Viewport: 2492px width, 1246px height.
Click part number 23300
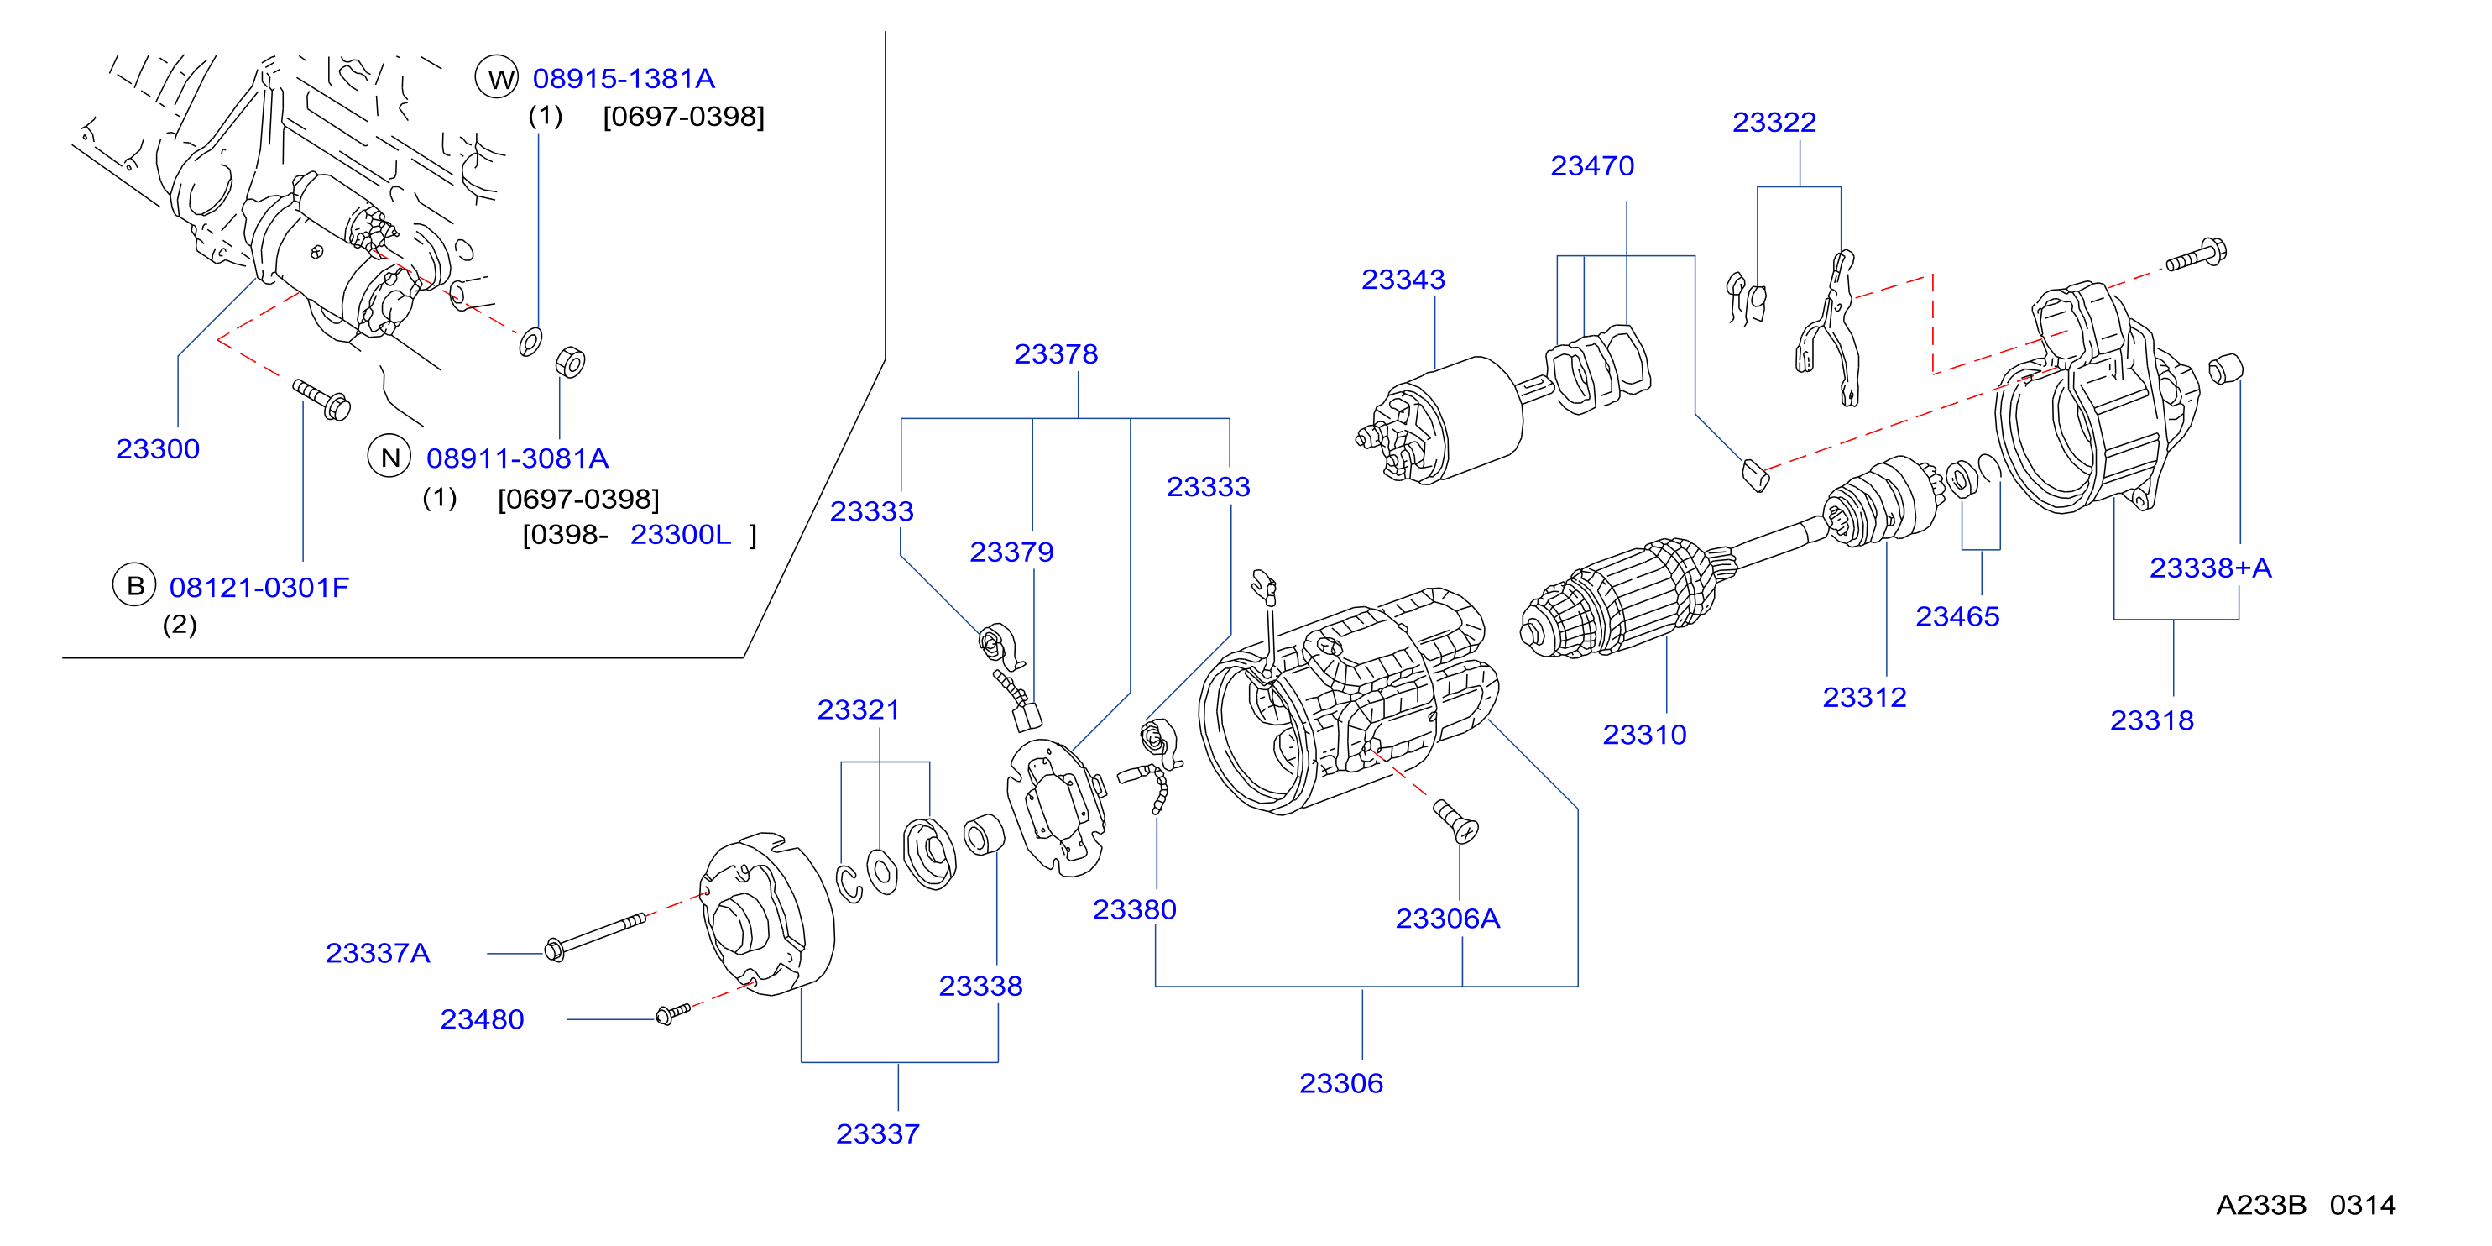pos(158,449)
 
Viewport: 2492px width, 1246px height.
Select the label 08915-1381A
pos(624,78)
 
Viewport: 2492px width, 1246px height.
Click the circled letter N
pos(389,458)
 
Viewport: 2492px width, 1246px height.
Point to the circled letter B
pos(135,585)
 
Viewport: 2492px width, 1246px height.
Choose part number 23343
pos(1403,280)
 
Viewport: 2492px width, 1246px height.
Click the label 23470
pos(1592,166)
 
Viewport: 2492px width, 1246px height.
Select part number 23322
pos(1774,123)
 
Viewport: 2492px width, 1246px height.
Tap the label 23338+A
pos(2211,568)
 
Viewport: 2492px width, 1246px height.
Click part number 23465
pos(1957,616)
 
